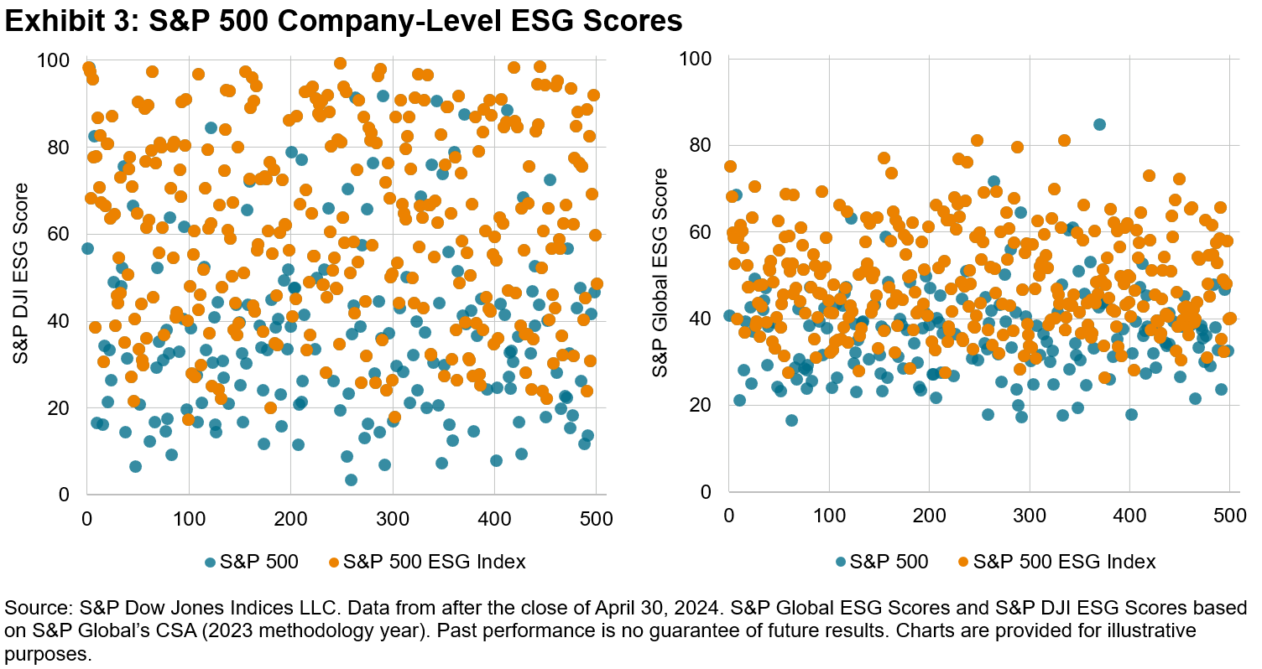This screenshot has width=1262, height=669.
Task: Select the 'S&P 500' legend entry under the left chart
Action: click(x=256, y=562)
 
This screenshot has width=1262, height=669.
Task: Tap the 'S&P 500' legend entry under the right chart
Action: click(x=886, y=562)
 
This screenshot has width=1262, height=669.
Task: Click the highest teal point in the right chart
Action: click(x=1099, y=125)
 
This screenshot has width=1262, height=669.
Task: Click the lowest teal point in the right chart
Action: click(x=791, y=420)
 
